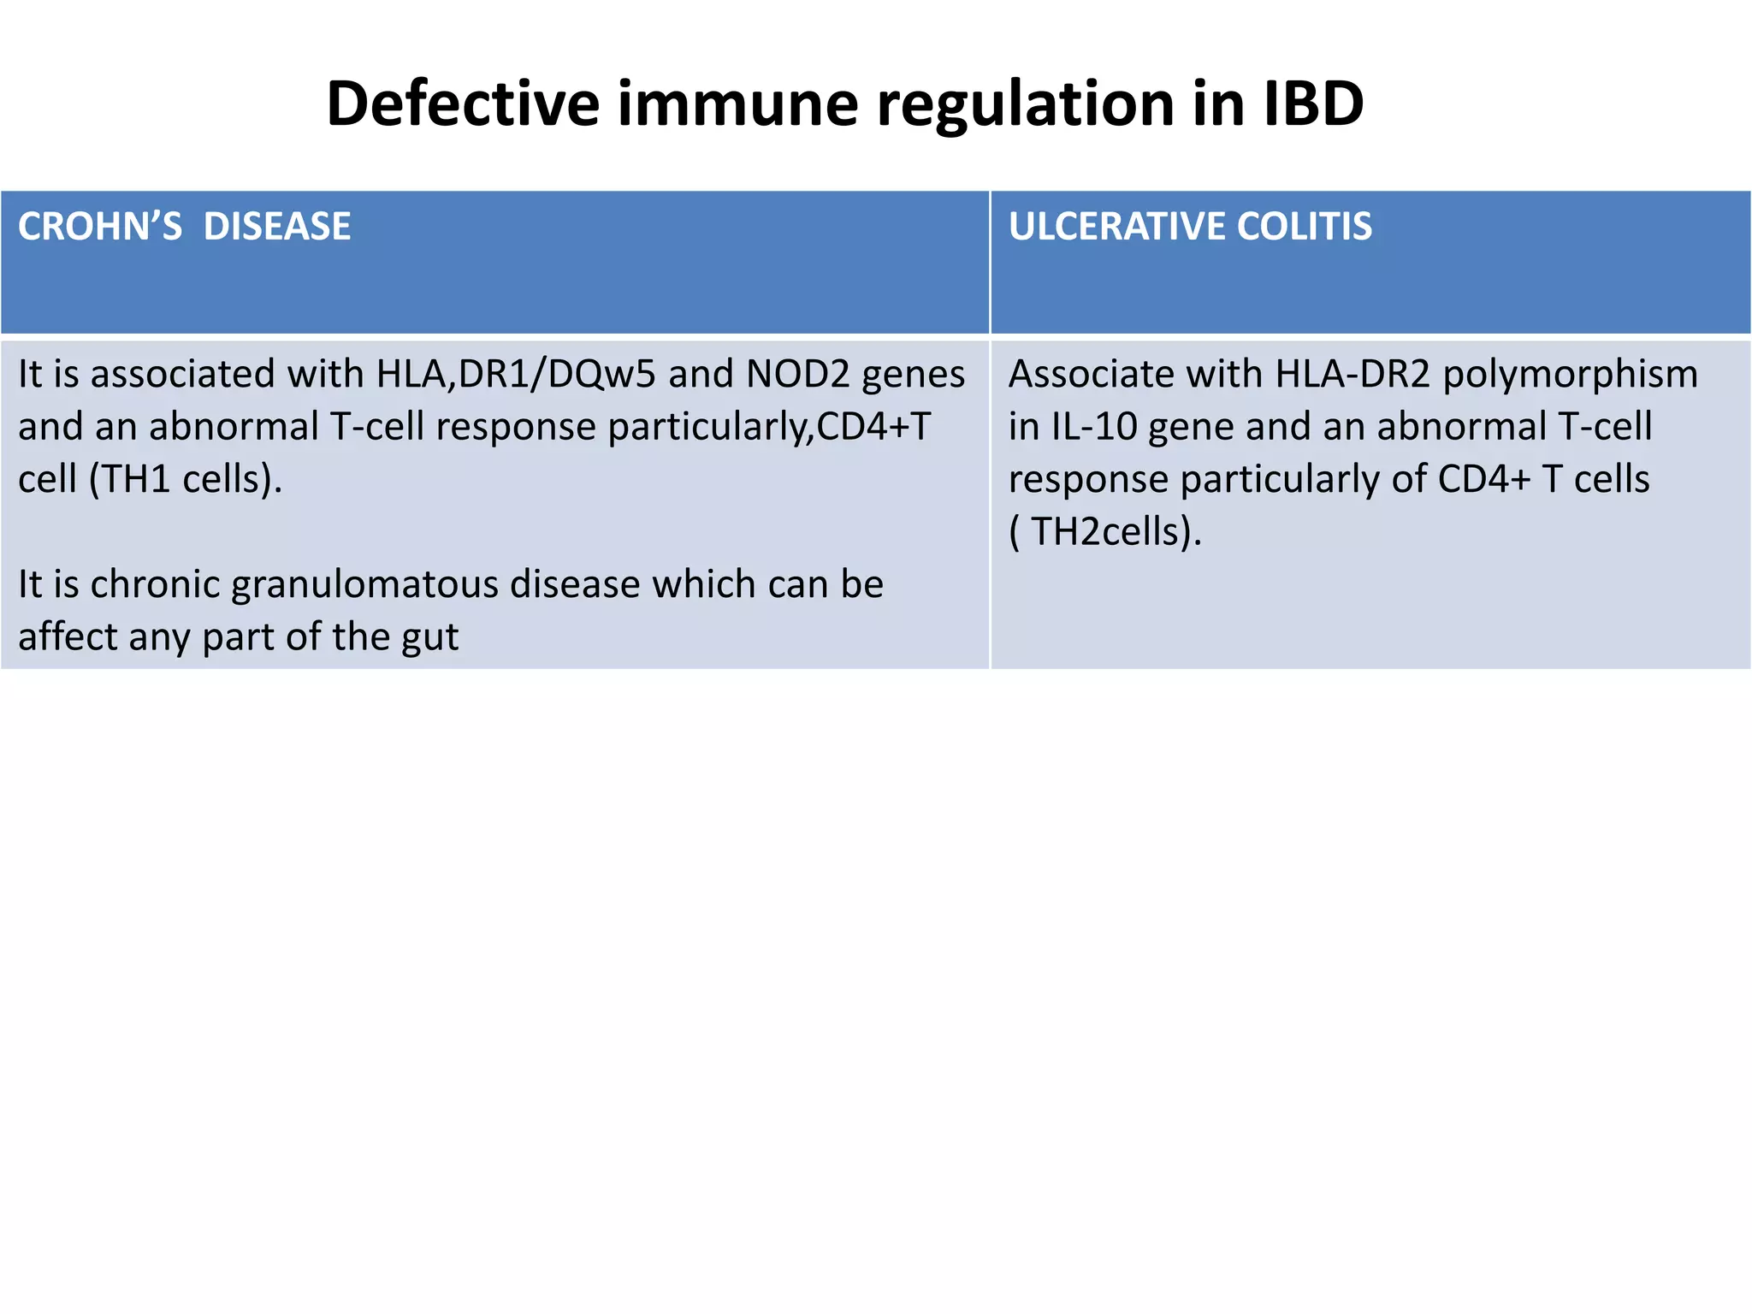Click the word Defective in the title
coord(463,104)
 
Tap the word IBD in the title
coord(1312,104)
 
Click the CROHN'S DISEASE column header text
coord(184,227)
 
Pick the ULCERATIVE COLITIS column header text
coord(1190,227)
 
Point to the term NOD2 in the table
coord(797,374)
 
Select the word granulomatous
coord(364,585)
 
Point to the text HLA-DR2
coord(1352,374)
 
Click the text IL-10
coord(1094,426)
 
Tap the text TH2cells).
coord(1116,532)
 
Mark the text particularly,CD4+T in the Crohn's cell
coord(769,427)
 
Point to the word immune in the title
coord(737,104)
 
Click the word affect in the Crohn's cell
coord(56,637)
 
